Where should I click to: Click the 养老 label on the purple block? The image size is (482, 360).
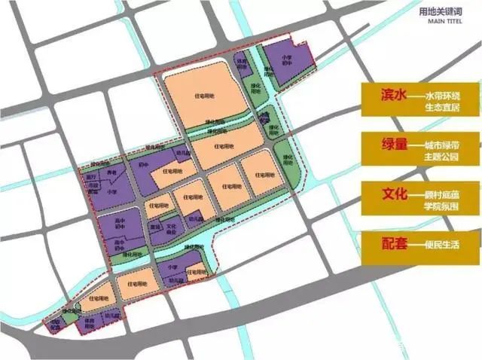(113, 172)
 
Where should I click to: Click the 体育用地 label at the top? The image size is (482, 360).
(241, 64)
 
